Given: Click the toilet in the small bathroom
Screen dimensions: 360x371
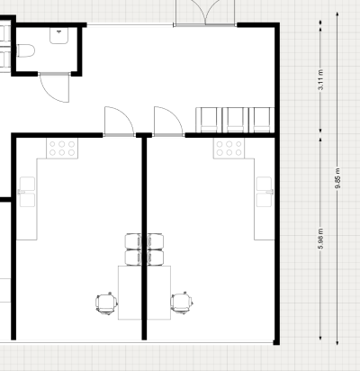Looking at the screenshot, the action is point(26,50).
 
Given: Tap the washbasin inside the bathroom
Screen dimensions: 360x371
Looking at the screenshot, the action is point(58,35).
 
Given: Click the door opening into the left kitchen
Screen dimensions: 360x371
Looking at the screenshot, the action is point(119,122).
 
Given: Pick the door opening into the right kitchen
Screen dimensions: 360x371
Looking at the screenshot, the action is point(168,122).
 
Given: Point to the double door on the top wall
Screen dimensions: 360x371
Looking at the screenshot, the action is point(205,13).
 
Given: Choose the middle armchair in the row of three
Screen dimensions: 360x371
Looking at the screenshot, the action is point(236,120).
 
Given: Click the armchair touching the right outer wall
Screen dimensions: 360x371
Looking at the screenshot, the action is point(262,120).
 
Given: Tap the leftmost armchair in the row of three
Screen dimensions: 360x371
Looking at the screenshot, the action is point(209,120).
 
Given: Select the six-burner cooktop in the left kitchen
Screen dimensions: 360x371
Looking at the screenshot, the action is point(62,149).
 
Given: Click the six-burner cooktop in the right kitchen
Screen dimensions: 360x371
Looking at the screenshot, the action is point(229,149).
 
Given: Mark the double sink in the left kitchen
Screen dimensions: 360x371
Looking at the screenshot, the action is point(27,192).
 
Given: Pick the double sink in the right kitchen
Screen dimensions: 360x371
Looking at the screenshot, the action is point(265,192).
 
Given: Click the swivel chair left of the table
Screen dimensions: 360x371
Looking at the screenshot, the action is point(106,303).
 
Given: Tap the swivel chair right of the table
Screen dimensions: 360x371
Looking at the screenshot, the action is point(182,303).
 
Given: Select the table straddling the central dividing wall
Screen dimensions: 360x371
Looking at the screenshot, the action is point(144,293).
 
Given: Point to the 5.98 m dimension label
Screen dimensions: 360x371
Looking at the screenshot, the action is point(321,239).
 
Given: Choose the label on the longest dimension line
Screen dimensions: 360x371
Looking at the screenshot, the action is point(337,178).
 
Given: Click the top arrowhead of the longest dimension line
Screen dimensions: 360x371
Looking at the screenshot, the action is point(337,14).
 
